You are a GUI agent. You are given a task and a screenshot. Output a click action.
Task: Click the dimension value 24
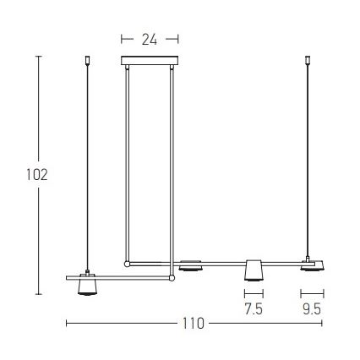[150, 38]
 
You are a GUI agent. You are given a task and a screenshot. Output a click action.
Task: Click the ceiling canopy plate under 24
[150, 60]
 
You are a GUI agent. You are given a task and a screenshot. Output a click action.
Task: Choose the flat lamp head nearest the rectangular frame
[190, 266]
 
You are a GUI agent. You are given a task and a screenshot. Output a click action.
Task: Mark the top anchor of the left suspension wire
[88, 60]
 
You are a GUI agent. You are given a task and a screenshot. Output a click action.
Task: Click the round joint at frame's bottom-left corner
[128, 264]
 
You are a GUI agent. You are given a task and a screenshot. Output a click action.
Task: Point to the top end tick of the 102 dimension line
[38, 56]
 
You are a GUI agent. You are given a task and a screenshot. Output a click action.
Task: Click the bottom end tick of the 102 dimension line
[38, 294]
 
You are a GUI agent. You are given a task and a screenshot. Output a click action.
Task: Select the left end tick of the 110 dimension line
[66, 323]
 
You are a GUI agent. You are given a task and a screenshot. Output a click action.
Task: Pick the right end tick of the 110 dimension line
[325, 323]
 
